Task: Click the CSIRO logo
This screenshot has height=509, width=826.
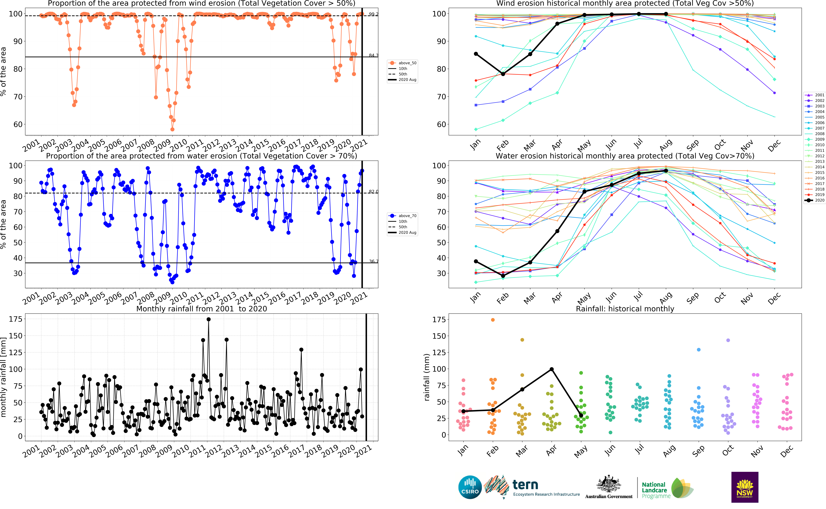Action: [x=470, y=487]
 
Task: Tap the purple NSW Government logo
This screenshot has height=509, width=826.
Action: [x=745, y=487]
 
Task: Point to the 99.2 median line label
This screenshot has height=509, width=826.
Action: [x=373, y=14]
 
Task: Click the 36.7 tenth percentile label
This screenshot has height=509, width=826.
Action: [x=373, y=261]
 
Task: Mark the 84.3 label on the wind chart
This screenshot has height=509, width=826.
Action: [x=373, y=55]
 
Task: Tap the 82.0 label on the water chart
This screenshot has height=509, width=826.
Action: [x=373, y=192]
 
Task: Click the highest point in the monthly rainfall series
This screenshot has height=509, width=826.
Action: [x=209, y=319]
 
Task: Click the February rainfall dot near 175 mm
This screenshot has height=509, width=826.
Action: [x=493, y=320]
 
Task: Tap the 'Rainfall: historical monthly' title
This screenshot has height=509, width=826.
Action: [x=625, y=309]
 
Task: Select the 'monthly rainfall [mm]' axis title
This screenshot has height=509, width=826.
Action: [x=4, y=377]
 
